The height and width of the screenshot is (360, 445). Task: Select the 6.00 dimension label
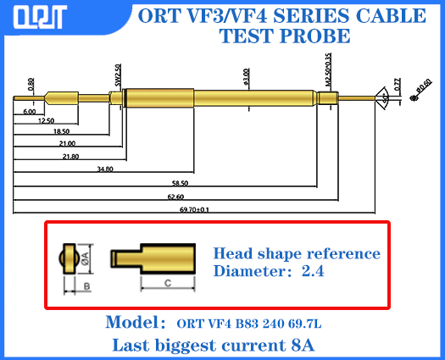coord(29,111)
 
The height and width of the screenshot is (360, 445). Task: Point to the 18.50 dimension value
coord(61,133)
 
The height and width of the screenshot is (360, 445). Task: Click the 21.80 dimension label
coord(70,157)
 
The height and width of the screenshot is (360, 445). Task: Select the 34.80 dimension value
coord(104,169)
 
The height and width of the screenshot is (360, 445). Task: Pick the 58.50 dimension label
coord(180,183)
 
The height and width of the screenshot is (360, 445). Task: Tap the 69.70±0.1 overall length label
coord(194,208)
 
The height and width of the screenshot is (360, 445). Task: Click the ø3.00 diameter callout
coord(246,77)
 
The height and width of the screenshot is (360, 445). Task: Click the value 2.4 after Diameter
coord(314,272)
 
